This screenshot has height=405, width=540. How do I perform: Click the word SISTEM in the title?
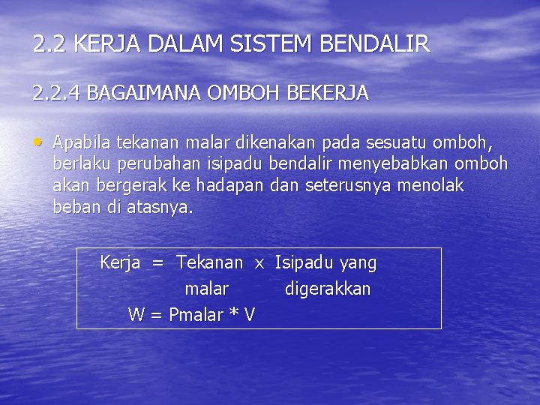coord(273,44)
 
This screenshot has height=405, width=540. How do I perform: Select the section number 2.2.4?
coord(56,93)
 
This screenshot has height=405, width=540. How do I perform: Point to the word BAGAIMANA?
coord(143,93)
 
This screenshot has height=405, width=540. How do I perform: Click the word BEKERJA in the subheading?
coord(330,93)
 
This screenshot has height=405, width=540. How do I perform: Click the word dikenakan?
coord(269,142)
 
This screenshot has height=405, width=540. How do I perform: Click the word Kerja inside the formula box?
coord(120,263)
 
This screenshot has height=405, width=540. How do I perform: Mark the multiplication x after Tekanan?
coord(259,264)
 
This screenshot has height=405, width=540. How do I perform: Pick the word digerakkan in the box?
coord(328,289)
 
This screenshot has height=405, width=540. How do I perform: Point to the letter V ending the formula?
coord(248,315)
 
